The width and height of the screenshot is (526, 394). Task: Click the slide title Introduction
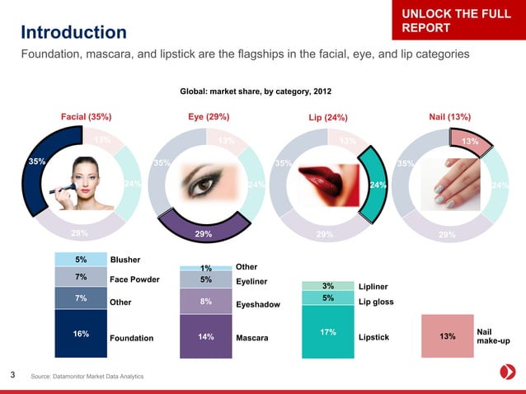click(x=73, y=33)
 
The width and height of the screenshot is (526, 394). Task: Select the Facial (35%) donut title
click(x=87, y=117)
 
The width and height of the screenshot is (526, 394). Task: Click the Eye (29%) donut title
click(x=209, y=117)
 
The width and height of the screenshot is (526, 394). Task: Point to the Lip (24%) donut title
click(x=327, y=118)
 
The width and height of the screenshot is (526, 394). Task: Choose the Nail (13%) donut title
click(x=450, y=117)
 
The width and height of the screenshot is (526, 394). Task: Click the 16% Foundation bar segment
click(x=81, y=333)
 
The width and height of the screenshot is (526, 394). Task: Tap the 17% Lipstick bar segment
click(x=328, y=332)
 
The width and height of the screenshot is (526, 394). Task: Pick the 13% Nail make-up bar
click(x=448, y=336)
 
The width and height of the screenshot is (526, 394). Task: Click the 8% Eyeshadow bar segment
click(x=205, y=302)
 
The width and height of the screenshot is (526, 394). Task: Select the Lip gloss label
click(x=377, y=302)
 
